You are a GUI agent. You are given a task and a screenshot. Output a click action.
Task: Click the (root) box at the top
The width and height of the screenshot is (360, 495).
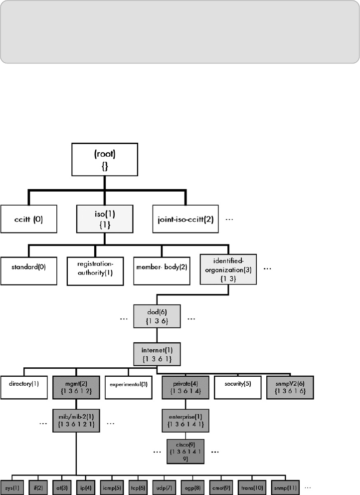[x=104, y=161]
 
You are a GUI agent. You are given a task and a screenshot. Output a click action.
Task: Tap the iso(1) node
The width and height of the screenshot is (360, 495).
[x=104, y=219]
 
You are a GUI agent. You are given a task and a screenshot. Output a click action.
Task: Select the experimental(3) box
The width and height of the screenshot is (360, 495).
[x=128, y=385]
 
